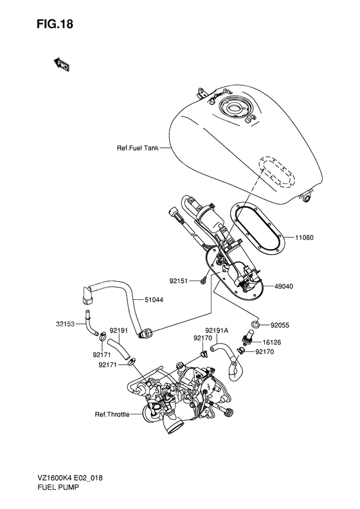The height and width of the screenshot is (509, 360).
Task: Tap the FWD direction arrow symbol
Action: (62, 64)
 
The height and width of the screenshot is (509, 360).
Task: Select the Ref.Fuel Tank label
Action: (137, 148)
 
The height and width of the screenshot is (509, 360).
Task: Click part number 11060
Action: (305, 237)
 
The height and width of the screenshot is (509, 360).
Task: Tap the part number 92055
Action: (281, 326)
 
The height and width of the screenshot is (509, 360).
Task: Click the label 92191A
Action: (217, 330)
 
